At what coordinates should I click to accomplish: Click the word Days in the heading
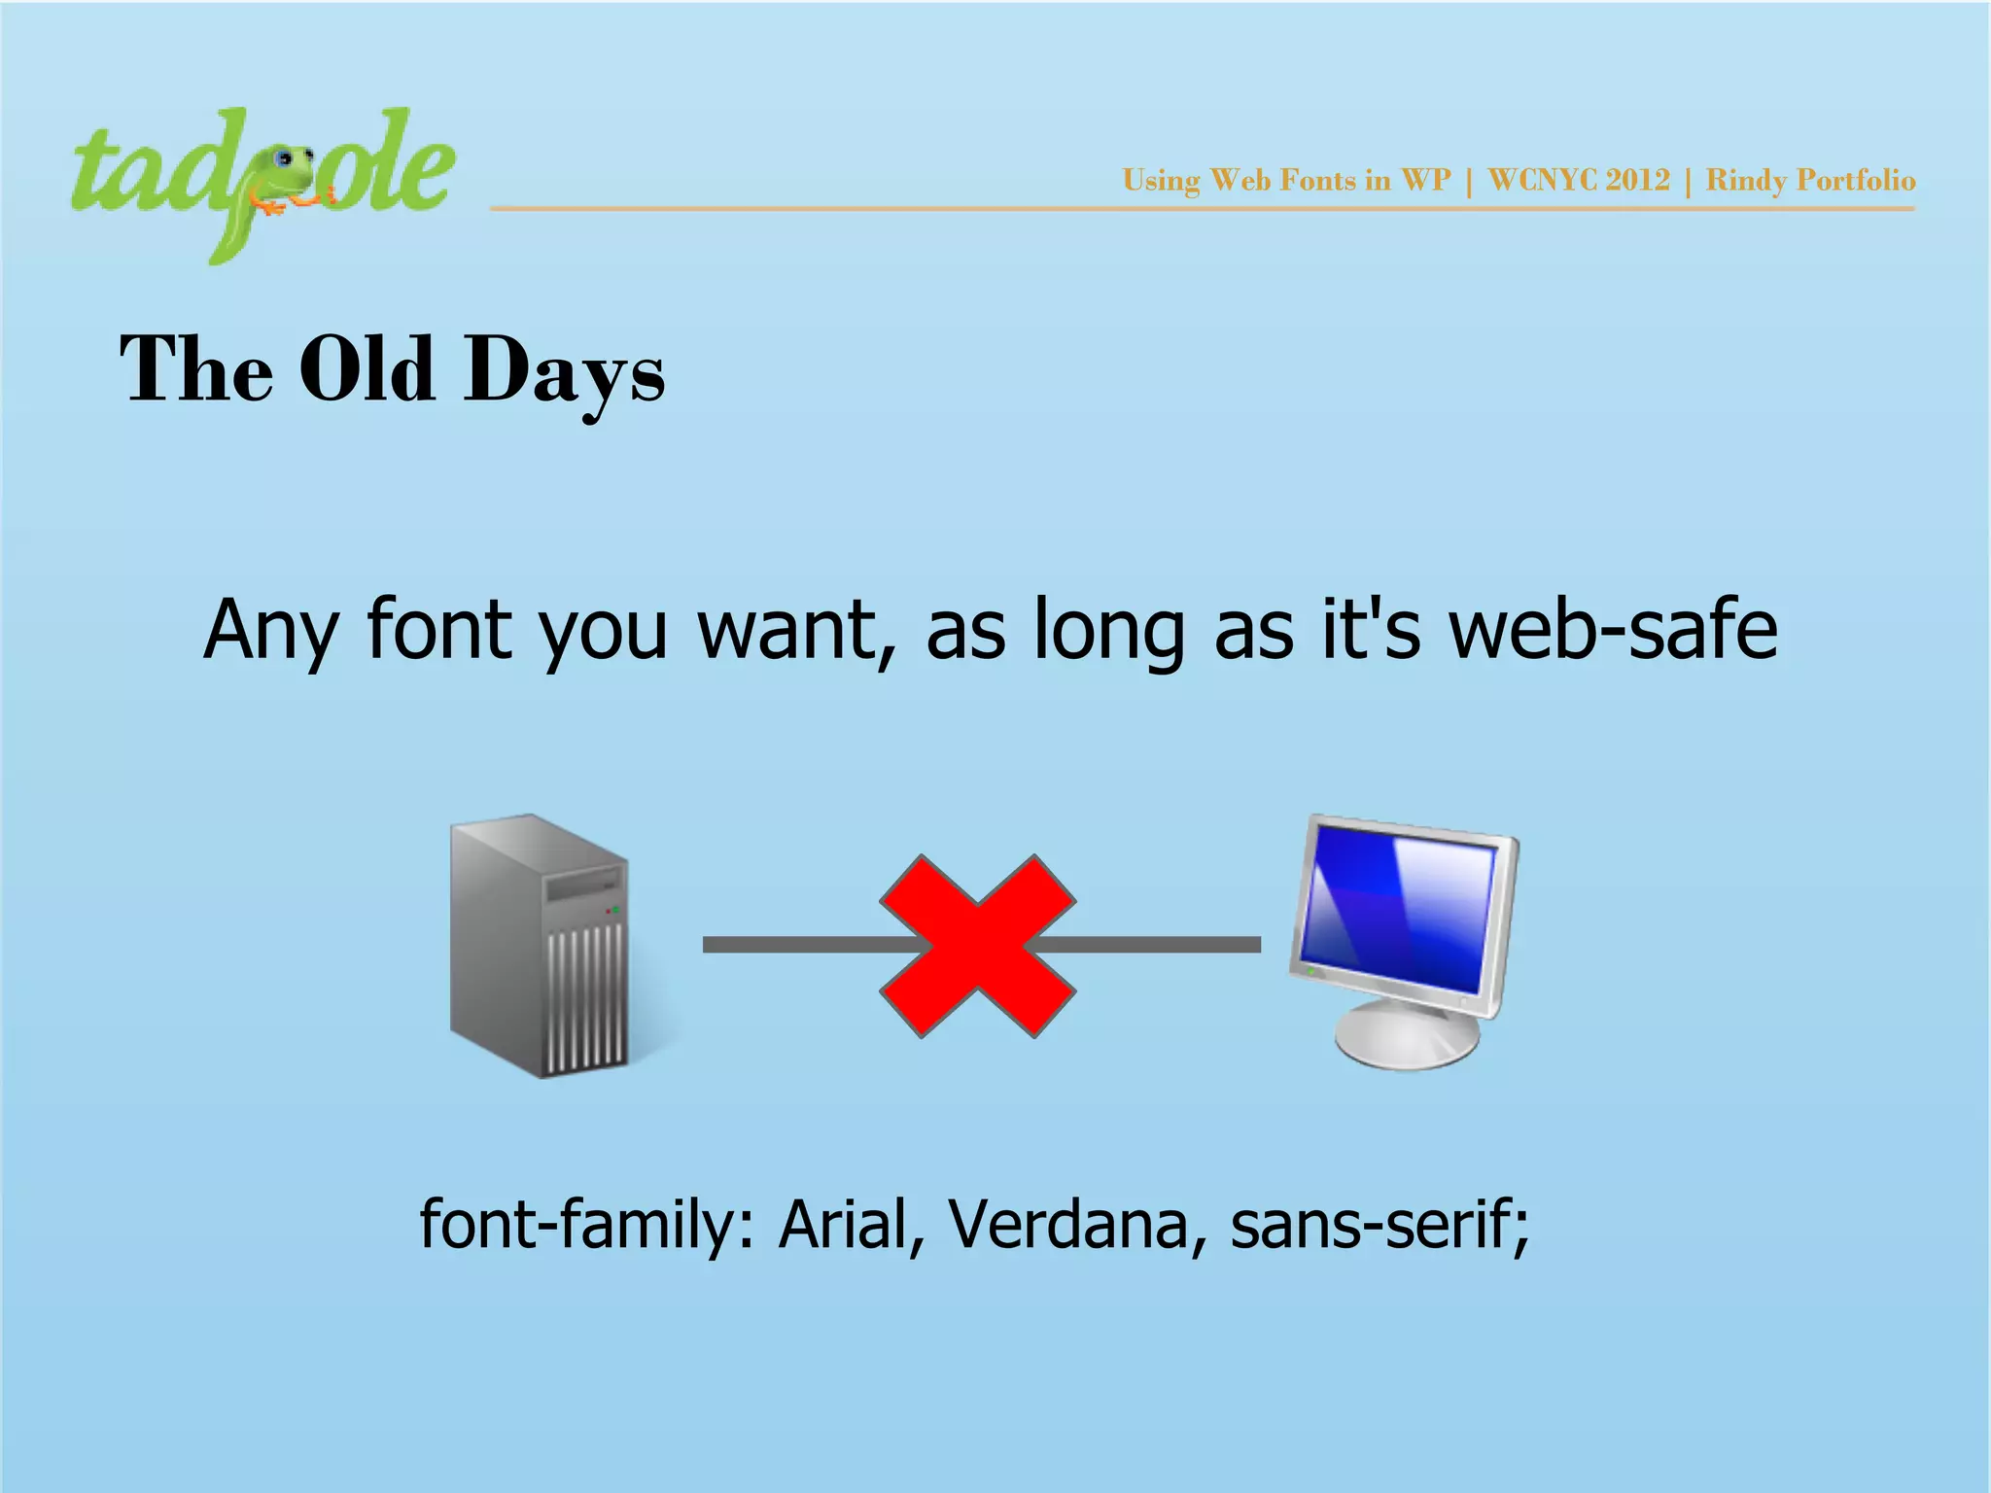coord(564,370)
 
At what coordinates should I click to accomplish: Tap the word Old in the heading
coord(367,368)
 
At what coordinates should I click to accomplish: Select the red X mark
coord(977,946)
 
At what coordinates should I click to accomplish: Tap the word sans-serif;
coord(1380,1224)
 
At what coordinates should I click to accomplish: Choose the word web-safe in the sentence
coord(1614,630)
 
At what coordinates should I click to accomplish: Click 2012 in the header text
coord(1638,181)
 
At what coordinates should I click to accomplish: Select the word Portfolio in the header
coord(1856,181)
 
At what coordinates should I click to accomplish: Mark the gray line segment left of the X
coord(797,945)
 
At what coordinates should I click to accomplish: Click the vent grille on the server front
coord(586,996)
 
